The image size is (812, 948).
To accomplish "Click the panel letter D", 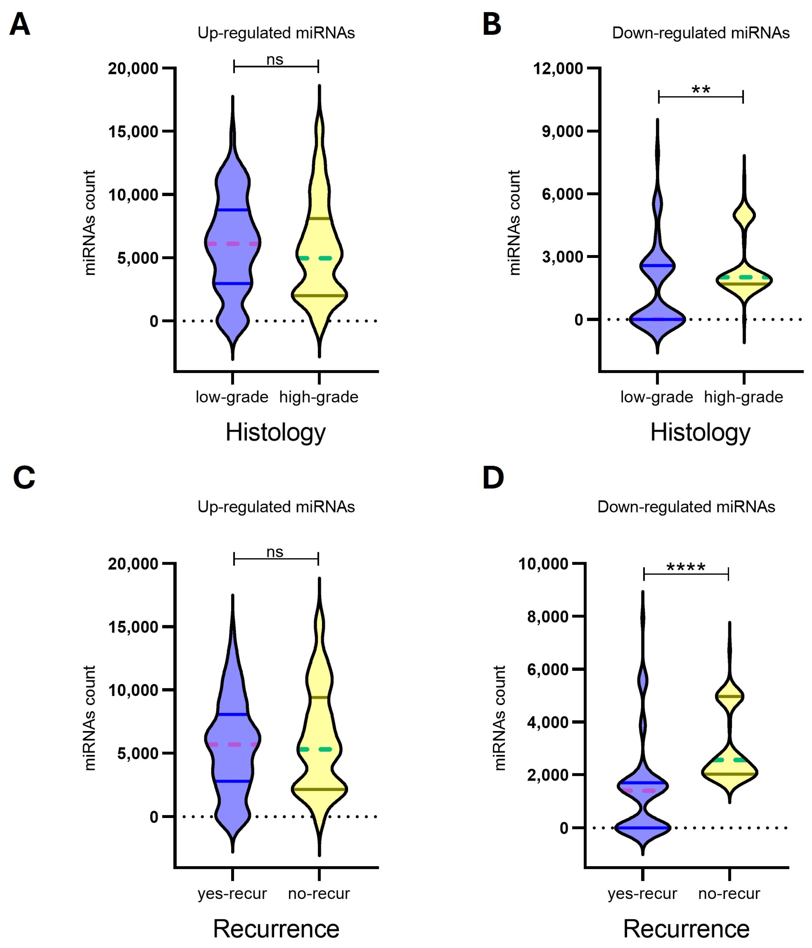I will (x=493, y=478).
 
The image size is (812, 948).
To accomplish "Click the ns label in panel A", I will (x=275, y=60).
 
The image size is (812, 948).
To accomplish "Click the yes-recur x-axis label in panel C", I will (x=232, y=893).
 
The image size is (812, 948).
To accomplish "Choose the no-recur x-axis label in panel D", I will (x=729, y=893).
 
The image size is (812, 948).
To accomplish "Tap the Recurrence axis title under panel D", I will (x=686, y=929).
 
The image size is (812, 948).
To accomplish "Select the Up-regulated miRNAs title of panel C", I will (x=276, y=507).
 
